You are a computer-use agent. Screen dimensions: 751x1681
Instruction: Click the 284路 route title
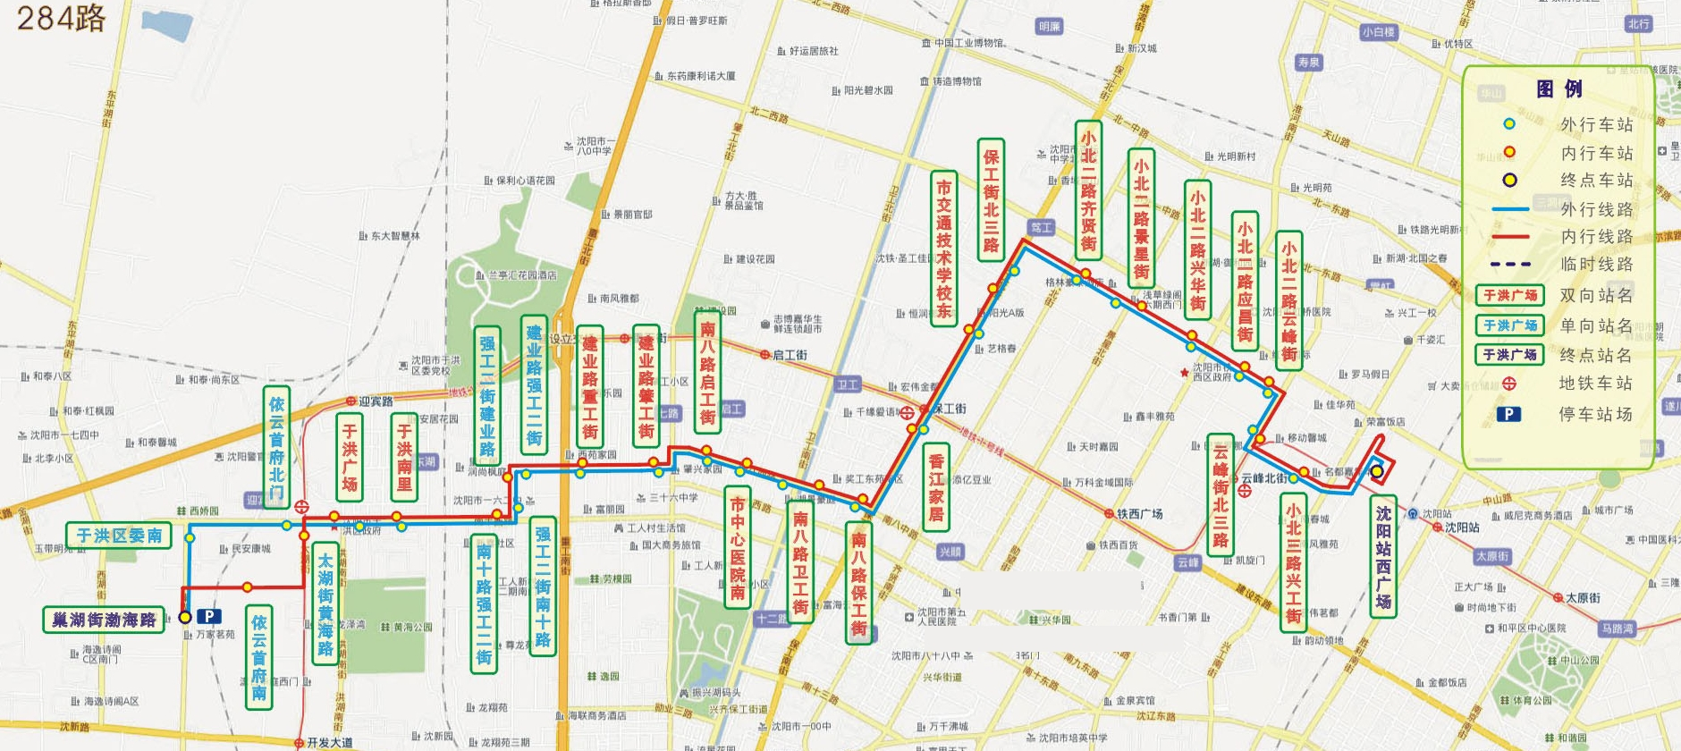pos(61,17)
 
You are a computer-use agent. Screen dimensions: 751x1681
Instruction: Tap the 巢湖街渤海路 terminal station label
pos(104,619)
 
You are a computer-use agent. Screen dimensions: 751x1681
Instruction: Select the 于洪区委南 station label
pos(118,535)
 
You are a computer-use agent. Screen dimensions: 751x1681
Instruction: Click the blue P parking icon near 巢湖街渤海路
pos(208,616)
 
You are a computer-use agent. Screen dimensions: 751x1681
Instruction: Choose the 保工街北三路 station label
pos(991,199)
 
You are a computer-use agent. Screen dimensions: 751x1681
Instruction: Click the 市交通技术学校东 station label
pos(943,248)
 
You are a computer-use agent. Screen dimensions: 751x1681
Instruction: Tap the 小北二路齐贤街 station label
pos(1088,190)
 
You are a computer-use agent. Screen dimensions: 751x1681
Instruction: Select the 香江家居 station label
pos(936,487)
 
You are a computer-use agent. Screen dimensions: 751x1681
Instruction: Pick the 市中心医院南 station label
pos(737,547)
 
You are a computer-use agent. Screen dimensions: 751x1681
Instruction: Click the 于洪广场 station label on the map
pos(350,457)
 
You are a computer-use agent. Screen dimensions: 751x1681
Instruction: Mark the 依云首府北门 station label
pos(277,446)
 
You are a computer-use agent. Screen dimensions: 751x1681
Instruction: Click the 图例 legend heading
pos(1559,89)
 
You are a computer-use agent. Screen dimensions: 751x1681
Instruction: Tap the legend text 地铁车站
pos(1595,383)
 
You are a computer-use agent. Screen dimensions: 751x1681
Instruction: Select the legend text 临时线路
pos(1595,264)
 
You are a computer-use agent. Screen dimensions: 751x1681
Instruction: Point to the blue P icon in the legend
pos(1508,414)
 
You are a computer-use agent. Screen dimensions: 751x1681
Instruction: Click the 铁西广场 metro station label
pos(1139,514)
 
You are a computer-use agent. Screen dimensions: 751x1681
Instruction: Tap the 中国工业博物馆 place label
pos(969,43)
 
